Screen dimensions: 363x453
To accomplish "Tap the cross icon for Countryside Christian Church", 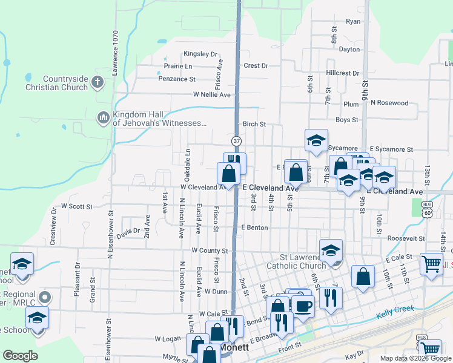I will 98,80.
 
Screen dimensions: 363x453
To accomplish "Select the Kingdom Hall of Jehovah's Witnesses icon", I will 103,116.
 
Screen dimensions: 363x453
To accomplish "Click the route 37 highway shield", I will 234,140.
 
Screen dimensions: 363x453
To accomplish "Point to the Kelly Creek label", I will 395,311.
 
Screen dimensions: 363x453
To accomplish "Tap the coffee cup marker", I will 303,305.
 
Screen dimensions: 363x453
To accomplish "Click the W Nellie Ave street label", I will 212,95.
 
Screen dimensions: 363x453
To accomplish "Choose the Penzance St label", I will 176,79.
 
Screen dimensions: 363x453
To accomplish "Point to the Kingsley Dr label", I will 200,54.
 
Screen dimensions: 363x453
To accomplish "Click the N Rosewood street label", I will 390,103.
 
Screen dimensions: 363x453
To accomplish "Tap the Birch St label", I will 254,124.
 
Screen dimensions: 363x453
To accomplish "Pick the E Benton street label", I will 254,227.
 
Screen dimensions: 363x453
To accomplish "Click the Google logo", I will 21,356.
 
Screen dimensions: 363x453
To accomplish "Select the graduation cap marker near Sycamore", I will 316,142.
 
